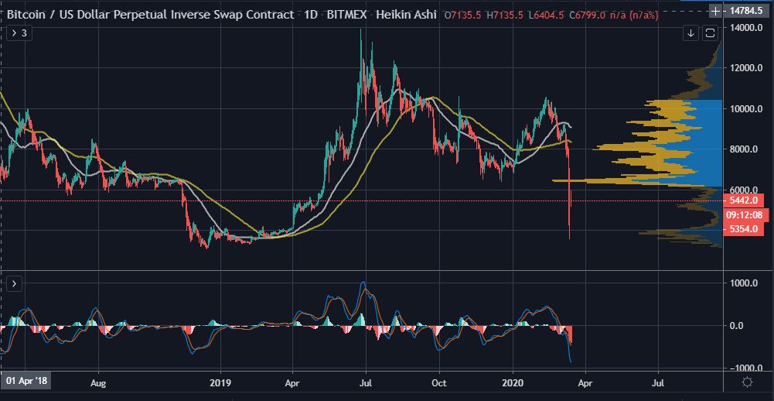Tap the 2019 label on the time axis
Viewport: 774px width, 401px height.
coord(220,382)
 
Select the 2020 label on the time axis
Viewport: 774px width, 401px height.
coord(514,382)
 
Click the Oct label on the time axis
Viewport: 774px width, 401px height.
coord(439,382)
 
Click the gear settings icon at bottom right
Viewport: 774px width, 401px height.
coord(748,382)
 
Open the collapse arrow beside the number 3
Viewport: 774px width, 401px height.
coord(13,34)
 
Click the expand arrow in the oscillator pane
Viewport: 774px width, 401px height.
coord(13,284)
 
